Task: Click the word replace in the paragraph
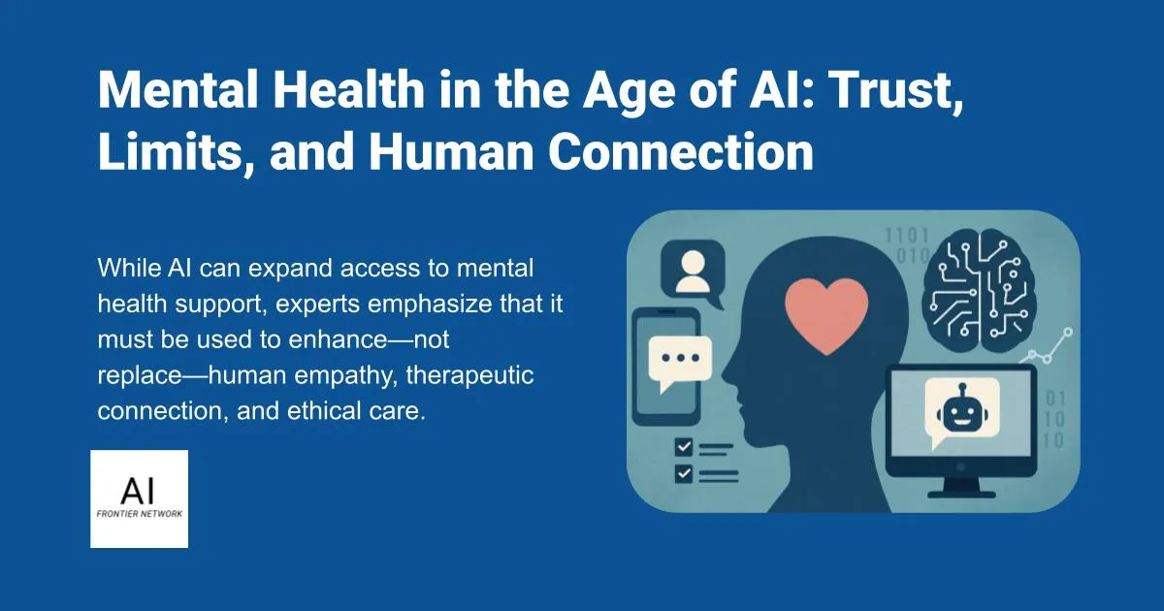point(135,375)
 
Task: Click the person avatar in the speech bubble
point(692,271)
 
